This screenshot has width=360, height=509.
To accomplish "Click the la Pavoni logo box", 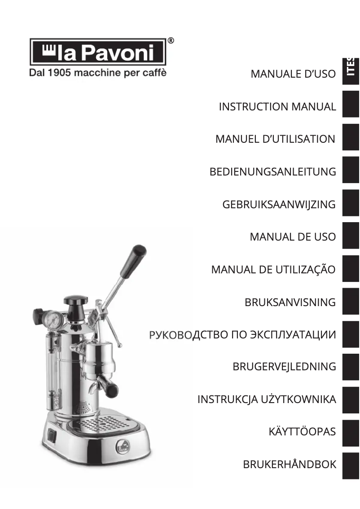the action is click(x=98, y=52).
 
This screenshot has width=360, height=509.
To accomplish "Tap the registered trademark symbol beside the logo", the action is click(x=171, y=40).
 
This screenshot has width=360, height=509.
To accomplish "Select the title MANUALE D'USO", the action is click(x=293, y=74).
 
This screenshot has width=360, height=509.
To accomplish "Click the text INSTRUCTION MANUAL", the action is click(x=277, y=107).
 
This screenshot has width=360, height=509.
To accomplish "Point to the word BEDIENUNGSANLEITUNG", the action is click(x=272, y=172).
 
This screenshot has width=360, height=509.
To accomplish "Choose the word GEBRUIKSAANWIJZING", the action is click(x=279, y=205).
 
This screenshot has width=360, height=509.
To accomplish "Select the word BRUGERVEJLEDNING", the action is click(x=285, y=367).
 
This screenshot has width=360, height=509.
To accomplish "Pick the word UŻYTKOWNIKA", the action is click(x=298, y=399).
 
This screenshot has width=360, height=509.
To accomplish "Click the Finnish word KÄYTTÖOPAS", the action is click(x=302, y=432).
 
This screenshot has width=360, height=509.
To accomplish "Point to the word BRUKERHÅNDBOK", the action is click(x=290, y=464).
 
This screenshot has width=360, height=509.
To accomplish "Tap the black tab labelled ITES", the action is click(x=351, y=71).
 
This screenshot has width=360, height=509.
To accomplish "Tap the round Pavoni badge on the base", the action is click(x=123, y=448).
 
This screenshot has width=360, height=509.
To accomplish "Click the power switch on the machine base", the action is click(x=51, y=435).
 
